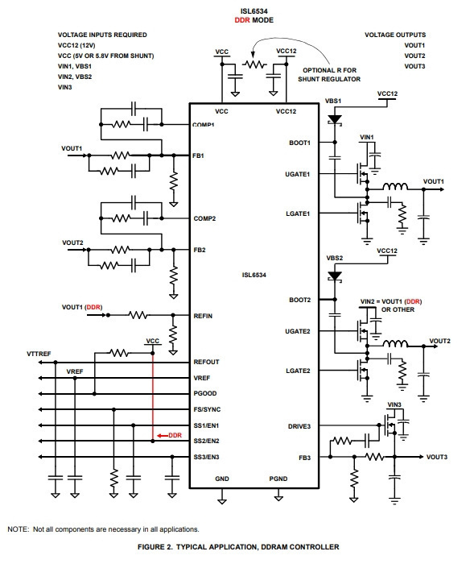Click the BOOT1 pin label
[299, 143]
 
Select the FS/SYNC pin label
[207, 409]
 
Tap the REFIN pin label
[203, 316]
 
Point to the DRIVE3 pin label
[299, 426]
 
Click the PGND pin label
[278, 479]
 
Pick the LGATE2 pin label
[298, 371]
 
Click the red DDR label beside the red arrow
[175, 435]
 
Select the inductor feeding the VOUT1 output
[394, 187]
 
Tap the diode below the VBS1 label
[335, 120]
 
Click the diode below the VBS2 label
[335, 277]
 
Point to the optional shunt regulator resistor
[254, 64]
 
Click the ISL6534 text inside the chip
[254, 275]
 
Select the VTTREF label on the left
[39, 354]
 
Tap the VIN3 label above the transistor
[394, 404]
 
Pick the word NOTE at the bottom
[18, 529]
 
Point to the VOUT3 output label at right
[437, 457]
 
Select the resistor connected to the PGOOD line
[119, 353]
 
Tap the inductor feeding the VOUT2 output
[394, 343]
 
